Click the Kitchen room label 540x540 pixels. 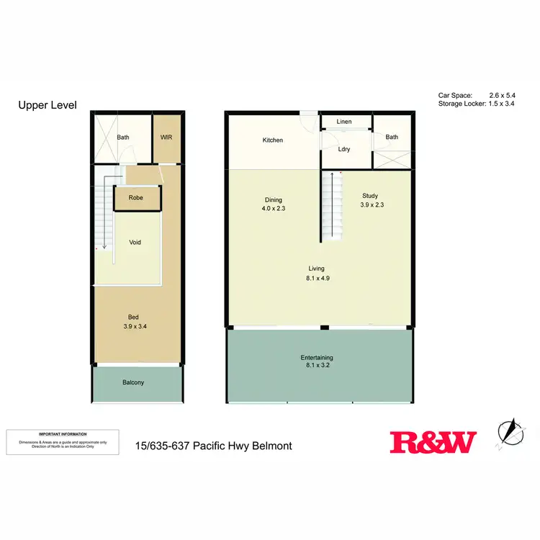tap(273, 140)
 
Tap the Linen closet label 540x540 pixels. tap(344, 122)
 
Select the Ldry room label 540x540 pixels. tap(344, 150)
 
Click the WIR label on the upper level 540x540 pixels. tap(166, 137)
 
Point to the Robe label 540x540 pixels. tap(136, 197)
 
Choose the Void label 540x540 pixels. tap(135, 243)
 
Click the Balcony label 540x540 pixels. tap(133, 383)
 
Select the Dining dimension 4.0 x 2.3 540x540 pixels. tap(273, 209)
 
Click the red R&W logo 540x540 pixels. tap(433, 442)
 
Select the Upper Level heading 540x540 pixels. tap(47, 106)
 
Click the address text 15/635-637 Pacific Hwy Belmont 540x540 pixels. tap(213, 446)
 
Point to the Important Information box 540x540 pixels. tap(63, 441)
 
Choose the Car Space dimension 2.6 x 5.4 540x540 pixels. tap(503, 95)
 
